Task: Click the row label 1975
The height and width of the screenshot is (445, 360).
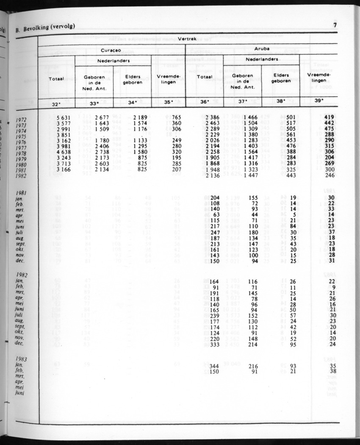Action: (21, 137)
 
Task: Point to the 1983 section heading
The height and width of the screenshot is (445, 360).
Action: (20, 359)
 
